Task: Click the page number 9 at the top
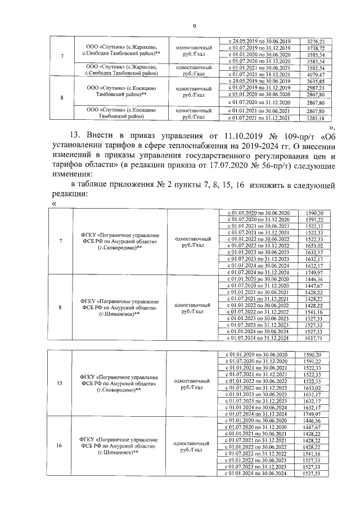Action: [x=193, y=26]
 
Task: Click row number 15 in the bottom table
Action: [x=61, y=384]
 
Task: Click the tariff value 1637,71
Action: [x=312, y=339]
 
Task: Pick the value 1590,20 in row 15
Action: [x=312, y=355]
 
